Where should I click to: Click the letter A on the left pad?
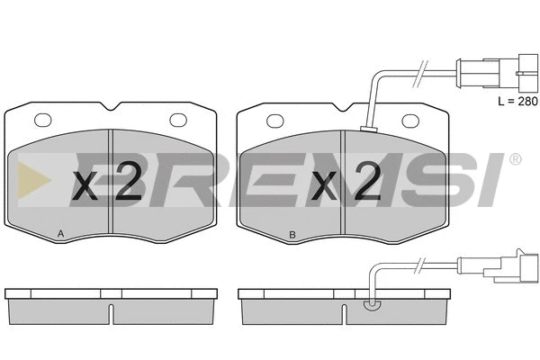pos(60,234)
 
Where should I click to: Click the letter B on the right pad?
pos(292,235)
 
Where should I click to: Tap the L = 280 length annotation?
pos(517,102)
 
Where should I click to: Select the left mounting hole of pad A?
pos(43,121)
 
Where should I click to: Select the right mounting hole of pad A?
pos(178,121)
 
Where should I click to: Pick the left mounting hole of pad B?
pos(275,121)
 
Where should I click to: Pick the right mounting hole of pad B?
pos(410,121)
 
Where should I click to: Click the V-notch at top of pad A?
pos(111,107)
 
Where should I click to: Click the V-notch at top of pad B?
pos(343,107)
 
